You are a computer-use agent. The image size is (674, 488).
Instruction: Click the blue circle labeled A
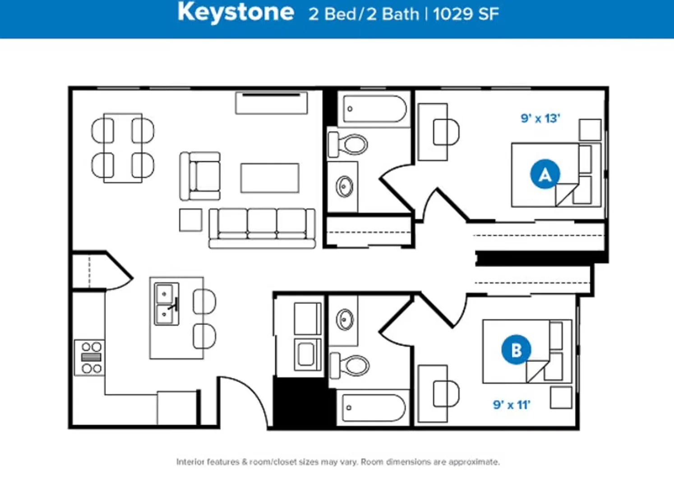tap(545, 174)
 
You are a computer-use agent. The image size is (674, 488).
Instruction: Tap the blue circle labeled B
tap(517, 350)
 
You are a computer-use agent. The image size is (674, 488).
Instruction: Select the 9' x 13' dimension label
tap(540, 118)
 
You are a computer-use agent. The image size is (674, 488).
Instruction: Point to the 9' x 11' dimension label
tap(512, 405)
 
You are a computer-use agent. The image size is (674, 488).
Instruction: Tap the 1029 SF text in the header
tap(466, 14)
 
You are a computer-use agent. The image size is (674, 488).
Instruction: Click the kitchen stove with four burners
tap(90, 357)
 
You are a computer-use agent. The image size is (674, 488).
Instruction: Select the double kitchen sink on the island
tap(166, 304)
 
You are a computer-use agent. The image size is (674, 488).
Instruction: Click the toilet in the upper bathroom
tap(347, 145)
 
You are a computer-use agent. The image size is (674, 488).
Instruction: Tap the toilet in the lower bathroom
tap(350, 366)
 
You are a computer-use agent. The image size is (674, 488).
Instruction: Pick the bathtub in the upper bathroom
tap(375, 109)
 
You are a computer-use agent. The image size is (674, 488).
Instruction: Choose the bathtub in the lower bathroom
tap(374, 408)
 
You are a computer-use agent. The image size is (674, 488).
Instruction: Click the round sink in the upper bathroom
tap(345, 187)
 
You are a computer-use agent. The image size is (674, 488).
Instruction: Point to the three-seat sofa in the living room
tap(262, 229)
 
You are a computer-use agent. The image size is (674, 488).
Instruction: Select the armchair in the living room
tap(200, 176)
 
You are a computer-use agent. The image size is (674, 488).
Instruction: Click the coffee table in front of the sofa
tap(270, 178)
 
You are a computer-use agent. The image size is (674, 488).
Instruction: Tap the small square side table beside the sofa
tap(191, 220)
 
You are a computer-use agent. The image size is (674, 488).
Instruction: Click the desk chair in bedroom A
tap(446, 132)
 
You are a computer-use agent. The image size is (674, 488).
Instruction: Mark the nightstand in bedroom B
tap(561, 398)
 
